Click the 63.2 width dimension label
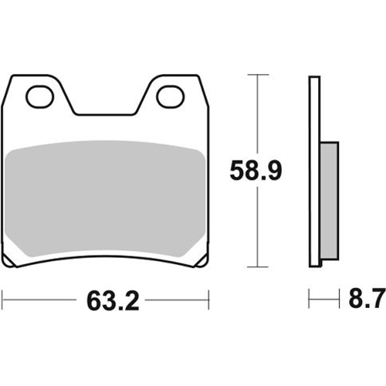tap(113, 301)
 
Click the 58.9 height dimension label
tap(256, 171)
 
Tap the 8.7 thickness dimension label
tap(367, 299)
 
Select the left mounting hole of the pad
tap(39, 97)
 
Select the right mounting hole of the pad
tap(171, 97)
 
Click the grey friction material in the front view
tap(105, 198)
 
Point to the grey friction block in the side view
tap(330, 201)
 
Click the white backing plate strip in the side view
tap(315, 171)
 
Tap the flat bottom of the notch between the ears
tap(105, 113)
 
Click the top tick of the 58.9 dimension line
tap(258, 75)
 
